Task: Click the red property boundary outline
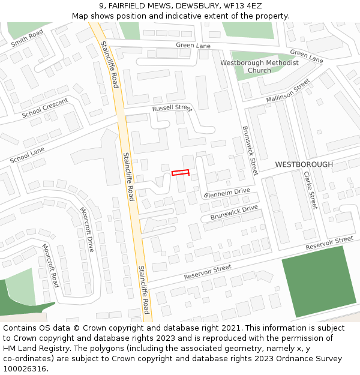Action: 181,173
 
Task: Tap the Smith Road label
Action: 27,37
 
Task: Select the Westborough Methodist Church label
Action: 259,67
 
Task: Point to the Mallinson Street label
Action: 288,90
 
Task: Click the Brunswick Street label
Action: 249,150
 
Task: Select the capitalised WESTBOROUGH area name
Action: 304,164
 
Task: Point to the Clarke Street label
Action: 310,190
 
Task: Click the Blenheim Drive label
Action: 227,193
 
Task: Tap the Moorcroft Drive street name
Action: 87,229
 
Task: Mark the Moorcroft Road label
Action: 50,265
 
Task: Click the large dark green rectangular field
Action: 317,282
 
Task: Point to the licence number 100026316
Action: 25,369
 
